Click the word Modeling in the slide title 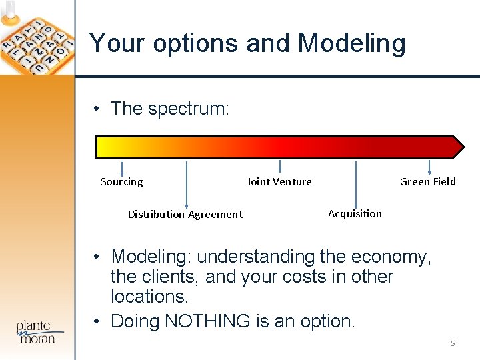pyautogui.click(x=351, y=43)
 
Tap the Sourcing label pyautogui.click(x=121, y=182)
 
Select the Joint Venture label pyautogui.click(x=279, y=182)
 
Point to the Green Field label pyautogui.click(x=427, y=182)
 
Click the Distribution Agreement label pyautogui.click(x=185, y=215)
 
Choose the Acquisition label pyautogui.click(x=355, y=214)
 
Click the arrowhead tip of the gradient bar pyautogui.click(x=460, y=147)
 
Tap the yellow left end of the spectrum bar pyautogui.click(x=104, y=147)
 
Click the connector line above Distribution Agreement pyautogui.click(x=186, y=184)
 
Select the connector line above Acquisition pyautogui.click(x=356, y=184)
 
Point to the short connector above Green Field pyautogui.click(x=429, y=167)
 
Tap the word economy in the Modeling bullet pyautogui.click(x=393, y=257)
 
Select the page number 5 pyautogui.click(x=453, y=343)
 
